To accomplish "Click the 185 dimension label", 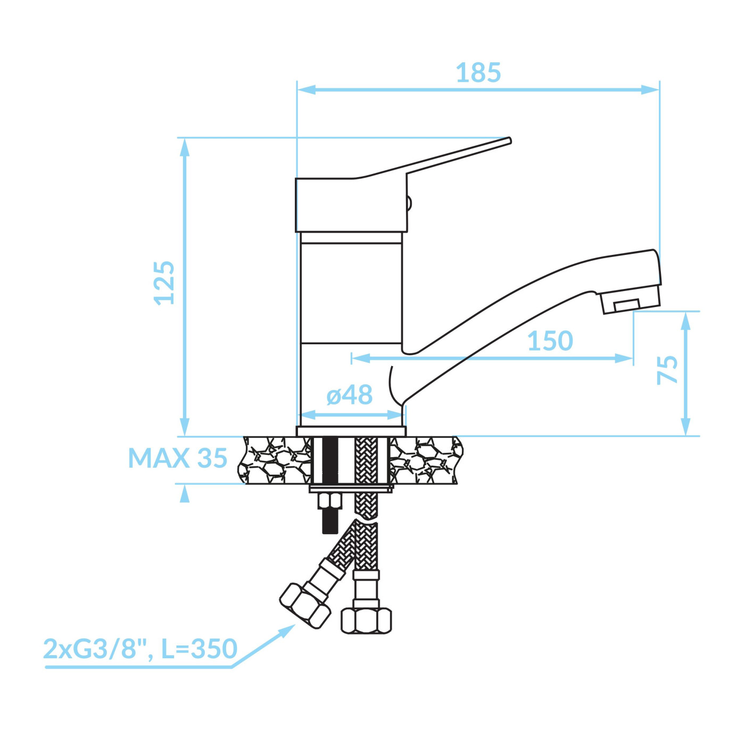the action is click(x=478, y=73).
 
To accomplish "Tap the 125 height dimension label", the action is click(x=164, y=284).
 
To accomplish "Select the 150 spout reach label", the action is click(x=550, y=341).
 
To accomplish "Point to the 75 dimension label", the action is click(x=668, y=369).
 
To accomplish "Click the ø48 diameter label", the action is click(x=350, y=395).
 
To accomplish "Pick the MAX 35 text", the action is click(x=177, y=458).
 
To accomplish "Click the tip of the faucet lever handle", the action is click(x=510, y=140).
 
